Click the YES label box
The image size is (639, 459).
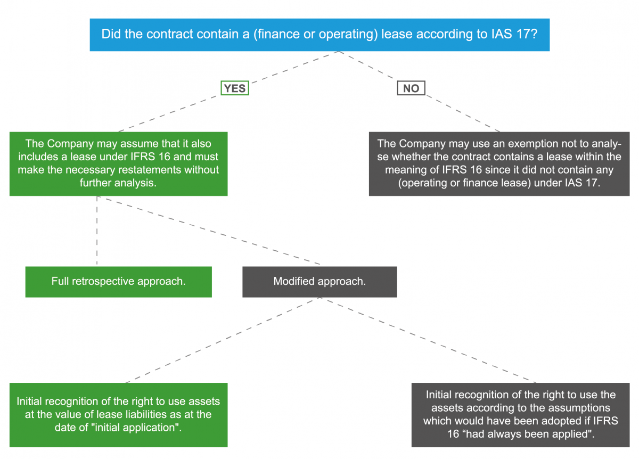[235, 88]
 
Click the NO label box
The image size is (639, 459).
[411, 88]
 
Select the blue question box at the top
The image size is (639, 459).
[319, 35]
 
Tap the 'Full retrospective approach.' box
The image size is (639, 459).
[119, 282]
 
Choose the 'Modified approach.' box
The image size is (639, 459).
[319, 282]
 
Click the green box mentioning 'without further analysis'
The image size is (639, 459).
[119, 164]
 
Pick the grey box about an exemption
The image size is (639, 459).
[499, 164]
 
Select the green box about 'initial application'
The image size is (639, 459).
[119, 415]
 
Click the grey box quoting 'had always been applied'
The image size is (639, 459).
[520, 415]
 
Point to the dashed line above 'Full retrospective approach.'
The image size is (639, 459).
[97, 231]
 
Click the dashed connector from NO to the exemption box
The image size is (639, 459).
[463, 113]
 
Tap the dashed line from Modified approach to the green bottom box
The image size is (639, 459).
[223, 340]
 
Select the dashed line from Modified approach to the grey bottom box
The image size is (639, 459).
[428, 340]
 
